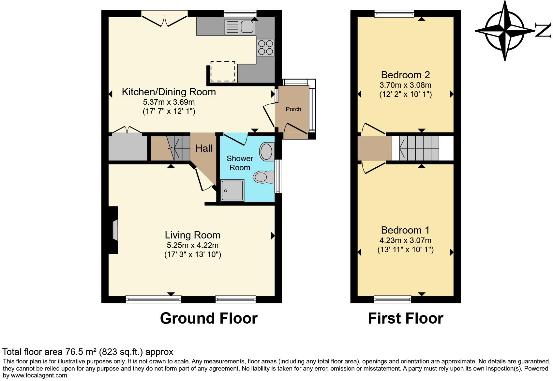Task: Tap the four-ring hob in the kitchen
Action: point(265,47)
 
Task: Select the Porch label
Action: point(293,109)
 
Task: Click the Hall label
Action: point(204,148)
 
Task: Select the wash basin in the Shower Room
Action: point(267,152)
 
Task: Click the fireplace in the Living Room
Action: point(113,230)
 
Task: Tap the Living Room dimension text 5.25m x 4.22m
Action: point(192,245)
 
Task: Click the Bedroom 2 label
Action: point(405,75)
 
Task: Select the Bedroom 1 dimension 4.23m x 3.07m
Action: point(405,240)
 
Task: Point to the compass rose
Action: point(505,31)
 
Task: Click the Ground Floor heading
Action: point(209,318)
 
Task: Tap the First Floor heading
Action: point(405,318)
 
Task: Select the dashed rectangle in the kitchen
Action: point(223,71)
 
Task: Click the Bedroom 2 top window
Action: point(394,13)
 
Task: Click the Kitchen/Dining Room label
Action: point(169,92)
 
